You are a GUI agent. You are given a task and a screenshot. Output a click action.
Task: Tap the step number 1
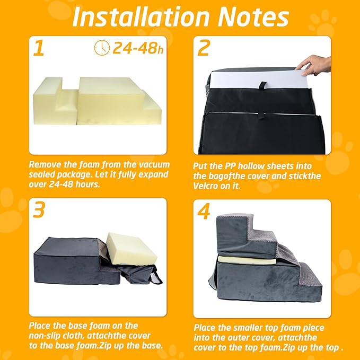point(38,48)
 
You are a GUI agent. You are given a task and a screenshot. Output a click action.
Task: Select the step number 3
point(38,209)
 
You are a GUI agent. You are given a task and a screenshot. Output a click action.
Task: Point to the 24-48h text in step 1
point(135,48)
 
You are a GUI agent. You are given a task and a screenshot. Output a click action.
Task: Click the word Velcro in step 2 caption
point(207,186)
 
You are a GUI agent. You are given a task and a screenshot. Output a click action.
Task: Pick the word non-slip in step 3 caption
point(48,335)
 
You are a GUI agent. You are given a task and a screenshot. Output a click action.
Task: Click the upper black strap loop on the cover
point(260,85)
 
